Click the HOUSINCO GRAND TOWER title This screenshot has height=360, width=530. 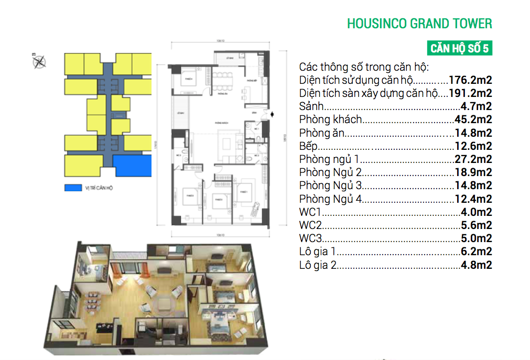click(419, 24)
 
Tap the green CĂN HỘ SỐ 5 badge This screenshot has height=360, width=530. click(459, 49)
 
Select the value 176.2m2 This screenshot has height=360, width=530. click(470, 81)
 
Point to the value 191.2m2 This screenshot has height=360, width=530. click(470, 94)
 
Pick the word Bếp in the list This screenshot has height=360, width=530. click(308, 146)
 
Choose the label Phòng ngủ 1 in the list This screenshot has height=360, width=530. click(329, 159)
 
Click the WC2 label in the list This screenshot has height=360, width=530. click(310, 226)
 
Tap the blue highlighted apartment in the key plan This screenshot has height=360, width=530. click(133, 165)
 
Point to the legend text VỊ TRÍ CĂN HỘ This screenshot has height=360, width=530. click(99, 188)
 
